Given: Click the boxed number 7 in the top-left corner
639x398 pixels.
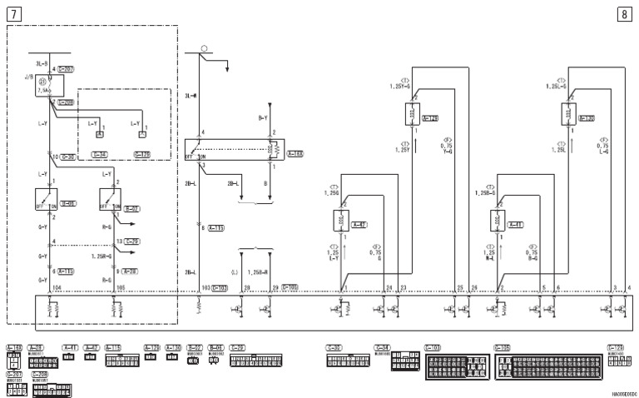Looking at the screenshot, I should click(x=14, y=13).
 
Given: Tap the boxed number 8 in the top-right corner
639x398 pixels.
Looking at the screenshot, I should click(x=624, y=13).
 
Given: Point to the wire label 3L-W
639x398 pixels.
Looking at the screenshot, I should click(x=189, y=97).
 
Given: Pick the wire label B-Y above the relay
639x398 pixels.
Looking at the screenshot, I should click(x=263, y=118).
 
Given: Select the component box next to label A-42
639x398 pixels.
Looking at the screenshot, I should click(x=340, y=221).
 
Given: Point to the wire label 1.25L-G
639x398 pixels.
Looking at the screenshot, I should click(x=557, y=85).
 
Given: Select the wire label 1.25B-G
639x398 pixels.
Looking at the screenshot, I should click(x=483, y=192).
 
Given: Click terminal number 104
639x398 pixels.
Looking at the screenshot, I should click(x=57, y=287).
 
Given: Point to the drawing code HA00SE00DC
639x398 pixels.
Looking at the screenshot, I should click(x=621, y=391).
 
